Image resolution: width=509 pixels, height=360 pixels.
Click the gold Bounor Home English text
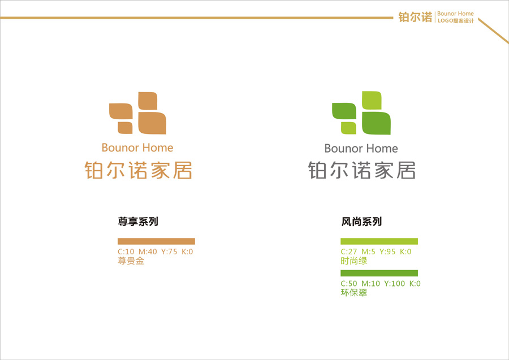137,148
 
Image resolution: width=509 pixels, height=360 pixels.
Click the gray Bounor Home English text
361,149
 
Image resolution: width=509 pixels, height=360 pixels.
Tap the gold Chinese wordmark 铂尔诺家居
139,171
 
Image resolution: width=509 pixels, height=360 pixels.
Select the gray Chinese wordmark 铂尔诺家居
362,171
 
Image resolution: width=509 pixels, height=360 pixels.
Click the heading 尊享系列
137,222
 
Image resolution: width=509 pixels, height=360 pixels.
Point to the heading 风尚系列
362,222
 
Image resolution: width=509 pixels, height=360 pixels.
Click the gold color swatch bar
156,241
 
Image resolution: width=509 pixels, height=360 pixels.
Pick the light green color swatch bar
379,241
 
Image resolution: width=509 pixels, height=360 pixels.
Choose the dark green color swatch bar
379,273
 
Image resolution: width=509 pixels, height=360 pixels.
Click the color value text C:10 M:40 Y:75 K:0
156,252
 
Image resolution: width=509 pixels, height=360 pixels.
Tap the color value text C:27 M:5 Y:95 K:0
376,252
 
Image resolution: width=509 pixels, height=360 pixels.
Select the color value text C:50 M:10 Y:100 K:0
381,284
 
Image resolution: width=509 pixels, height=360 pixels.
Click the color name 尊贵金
131,261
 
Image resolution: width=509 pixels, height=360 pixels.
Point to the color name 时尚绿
354,261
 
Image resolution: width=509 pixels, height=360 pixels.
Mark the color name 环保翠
354,293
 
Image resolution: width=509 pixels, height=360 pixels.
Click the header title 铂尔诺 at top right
415,17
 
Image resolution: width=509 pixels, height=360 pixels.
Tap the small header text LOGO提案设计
455,21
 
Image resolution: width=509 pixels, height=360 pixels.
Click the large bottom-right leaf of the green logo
376,124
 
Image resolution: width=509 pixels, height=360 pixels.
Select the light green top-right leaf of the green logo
372,99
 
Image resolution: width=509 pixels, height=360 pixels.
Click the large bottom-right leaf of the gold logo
152,123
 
